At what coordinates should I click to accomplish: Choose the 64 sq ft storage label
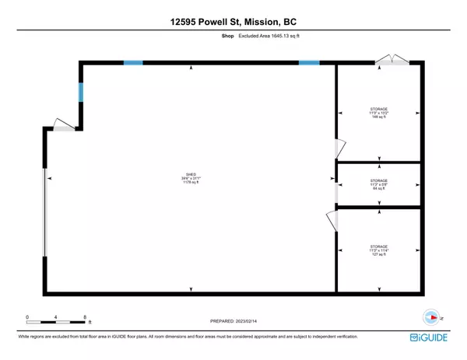coord(378,184)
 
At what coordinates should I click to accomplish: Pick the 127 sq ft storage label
coord(378,250)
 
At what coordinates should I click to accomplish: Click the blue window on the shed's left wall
coord(79,93)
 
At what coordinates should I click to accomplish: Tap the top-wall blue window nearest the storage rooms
coord(309,63)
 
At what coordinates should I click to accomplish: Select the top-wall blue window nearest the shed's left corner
coord(132,63)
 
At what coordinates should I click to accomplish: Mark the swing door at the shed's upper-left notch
coord(63,124)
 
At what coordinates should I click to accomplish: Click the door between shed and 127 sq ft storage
coord(332,220)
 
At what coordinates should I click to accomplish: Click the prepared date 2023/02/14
coord(233,320)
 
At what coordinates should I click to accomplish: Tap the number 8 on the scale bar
coord(84,316)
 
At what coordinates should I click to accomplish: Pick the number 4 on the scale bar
coord(55,316)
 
